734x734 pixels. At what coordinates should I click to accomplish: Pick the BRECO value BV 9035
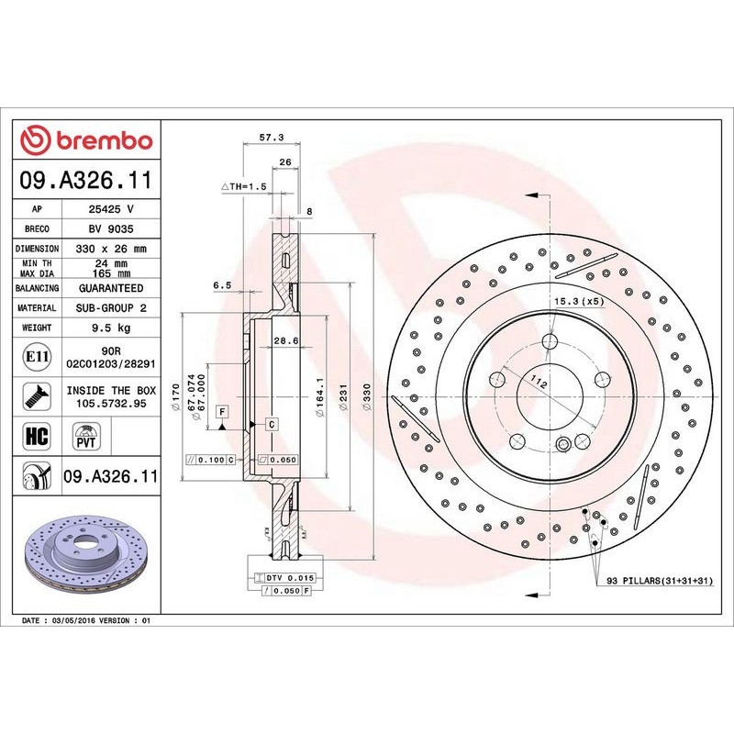click(x=112, y=228)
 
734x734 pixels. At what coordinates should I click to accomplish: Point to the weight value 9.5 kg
click(x=112, y=328)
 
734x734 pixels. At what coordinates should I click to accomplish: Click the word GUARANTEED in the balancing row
click(x=112, y=288)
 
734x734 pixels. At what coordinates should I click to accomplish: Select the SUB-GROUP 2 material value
click(x=112, y=308)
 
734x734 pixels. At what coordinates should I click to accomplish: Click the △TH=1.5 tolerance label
click(x=244, y=185)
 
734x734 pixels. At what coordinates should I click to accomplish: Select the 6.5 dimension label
click(x=221, y=285)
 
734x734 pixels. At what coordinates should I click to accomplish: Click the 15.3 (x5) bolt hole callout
click(x=579, y=301)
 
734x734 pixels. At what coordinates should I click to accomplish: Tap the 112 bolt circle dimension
click(x=538, y=386)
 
